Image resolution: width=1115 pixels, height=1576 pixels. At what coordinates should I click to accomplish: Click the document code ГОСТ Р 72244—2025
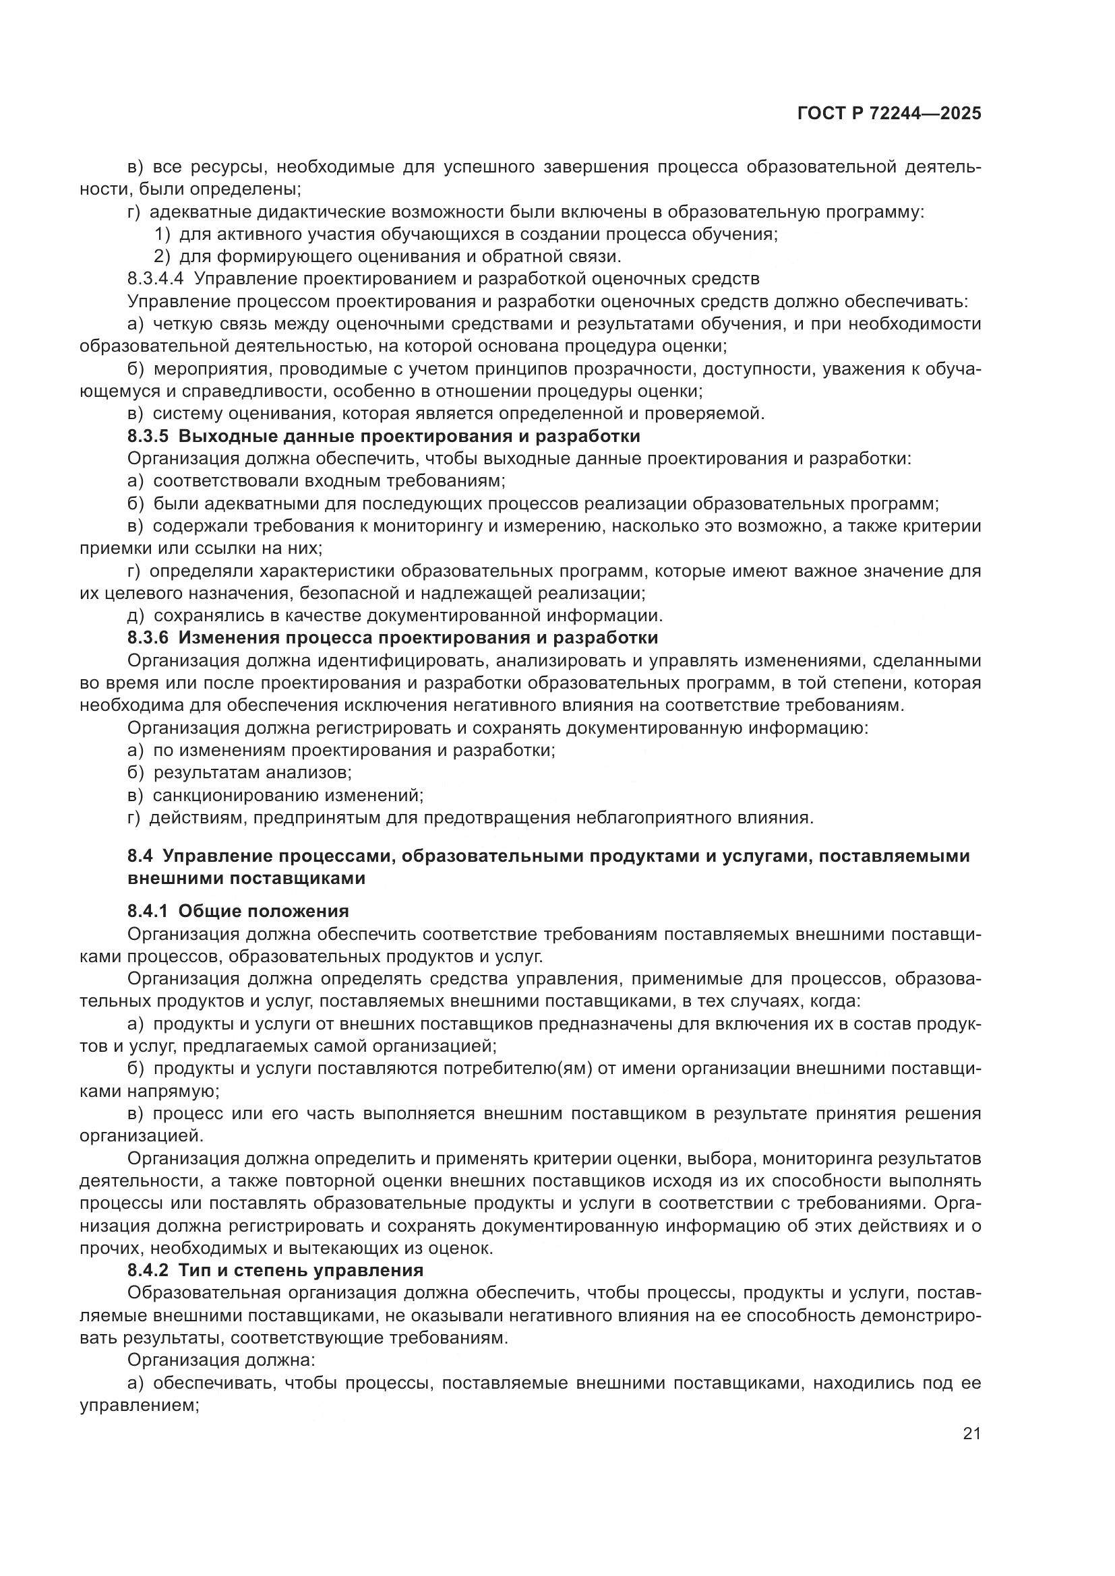coord(889,114)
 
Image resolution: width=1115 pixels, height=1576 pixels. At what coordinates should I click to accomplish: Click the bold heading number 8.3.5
coord(148,437)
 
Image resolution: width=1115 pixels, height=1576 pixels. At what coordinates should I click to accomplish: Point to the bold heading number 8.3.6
coord(148,637)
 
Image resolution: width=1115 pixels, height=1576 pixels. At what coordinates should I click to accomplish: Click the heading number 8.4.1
coord(148,911)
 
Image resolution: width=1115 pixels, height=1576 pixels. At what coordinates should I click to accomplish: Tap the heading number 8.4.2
coord(148,1269)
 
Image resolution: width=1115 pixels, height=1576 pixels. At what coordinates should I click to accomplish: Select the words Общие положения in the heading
coord(264,911)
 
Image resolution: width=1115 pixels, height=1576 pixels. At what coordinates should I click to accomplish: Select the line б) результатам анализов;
coord(239,773)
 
